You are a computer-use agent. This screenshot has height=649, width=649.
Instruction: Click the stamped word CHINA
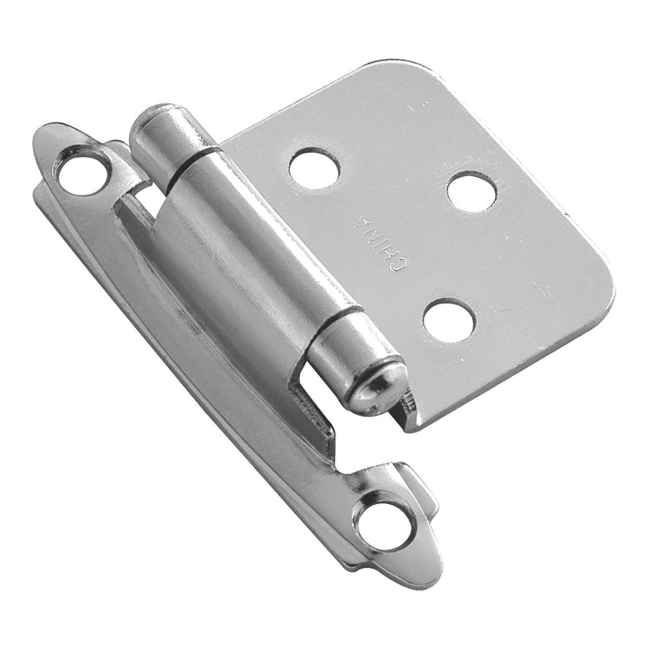380,241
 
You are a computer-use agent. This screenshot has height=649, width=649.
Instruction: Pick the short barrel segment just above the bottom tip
346,343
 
